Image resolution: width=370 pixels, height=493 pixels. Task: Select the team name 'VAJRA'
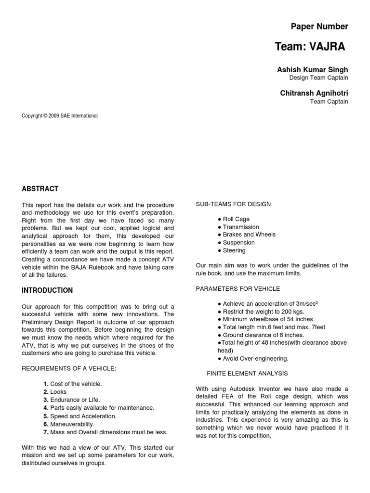329,47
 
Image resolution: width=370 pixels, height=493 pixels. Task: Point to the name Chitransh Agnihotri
314,93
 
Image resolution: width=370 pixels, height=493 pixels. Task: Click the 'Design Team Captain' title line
318,78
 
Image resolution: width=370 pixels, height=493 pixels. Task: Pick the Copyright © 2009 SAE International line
60,116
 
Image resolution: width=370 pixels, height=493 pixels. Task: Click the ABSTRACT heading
40,189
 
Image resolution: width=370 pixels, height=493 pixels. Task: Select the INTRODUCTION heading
47,290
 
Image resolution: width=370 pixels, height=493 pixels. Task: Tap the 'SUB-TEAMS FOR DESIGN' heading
233,204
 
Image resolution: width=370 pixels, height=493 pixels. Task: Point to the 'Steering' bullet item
234,250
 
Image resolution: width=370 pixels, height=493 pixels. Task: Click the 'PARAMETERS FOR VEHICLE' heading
238,289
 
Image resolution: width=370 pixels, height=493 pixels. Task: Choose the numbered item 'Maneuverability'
72,424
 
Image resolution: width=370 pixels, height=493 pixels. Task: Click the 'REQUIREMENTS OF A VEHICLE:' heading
69,368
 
